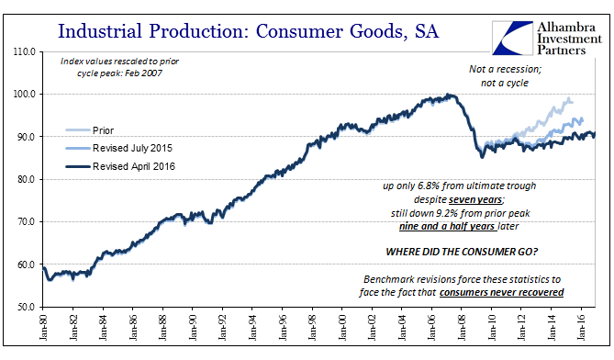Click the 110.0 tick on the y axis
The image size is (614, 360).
tap(24, 51)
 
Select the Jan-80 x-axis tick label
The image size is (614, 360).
tap(43, 327)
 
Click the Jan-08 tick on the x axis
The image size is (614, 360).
tap(462, 327)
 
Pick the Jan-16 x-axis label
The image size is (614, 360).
tap(581, 327)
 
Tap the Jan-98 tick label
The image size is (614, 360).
tap(312, 327)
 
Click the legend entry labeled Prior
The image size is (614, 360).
tap(90, 130)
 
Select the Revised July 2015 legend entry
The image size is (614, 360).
tap(118, 148)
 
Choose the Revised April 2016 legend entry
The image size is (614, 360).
tap(120, 166)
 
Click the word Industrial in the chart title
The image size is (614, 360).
tap(100, 31)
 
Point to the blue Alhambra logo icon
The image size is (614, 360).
tap(512, 38)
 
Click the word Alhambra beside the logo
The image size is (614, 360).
tap(566, 27)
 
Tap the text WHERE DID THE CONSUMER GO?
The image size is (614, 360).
tap(462, 252)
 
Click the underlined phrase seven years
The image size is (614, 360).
tap(475, 200)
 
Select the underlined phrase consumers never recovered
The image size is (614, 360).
tap(502, 293)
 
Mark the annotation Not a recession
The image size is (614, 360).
tap(505, 69)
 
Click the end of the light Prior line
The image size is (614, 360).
tap(573, 102)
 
